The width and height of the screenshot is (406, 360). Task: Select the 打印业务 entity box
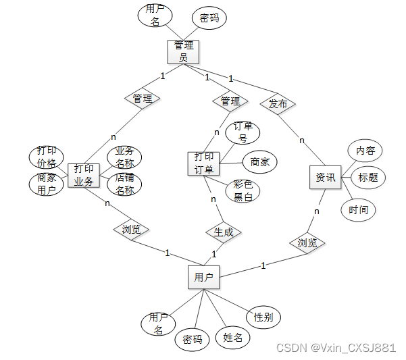tap(84, 175)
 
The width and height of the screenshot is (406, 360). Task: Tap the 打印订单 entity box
tap(203, 163)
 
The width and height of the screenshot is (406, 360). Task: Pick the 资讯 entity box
tap(325, 178)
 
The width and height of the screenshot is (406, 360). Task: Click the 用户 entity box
tap(203, 277)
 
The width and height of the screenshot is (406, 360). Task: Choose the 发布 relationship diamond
tap(278, 104)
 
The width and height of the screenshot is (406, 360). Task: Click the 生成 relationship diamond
tap(224, 232)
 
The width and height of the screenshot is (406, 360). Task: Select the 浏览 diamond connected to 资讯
tap(307, 242)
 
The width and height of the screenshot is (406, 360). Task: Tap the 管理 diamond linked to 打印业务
tap(143, 98)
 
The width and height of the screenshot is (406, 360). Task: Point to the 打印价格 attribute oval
tap(47, 157)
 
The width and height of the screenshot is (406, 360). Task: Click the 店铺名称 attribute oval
tap(124, 184)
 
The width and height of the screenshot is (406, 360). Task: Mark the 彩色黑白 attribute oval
tap(243, 190)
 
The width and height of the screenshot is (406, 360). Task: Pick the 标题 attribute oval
tap(367, 178)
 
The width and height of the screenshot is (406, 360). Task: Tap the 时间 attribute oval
tap(358, 210)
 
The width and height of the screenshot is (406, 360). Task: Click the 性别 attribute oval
tap(263, 317)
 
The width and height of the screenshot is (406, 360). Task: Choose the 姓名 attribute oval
tap(232, 337)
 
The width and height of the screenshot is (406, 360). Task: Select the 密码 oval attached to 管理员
tap(209, 18)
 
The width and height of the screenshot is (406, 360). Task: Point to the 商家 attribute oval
tap(259, 161)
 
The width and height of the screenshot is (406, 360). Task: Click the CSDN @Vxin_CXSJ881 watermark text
tap(336, 347)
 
